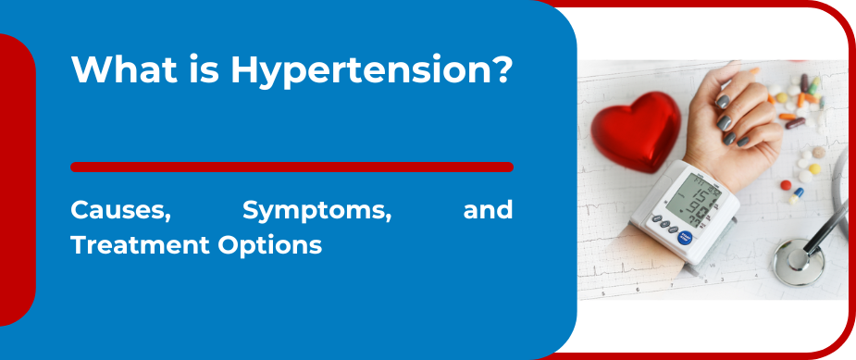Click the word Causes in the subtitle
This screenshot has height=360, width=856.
click(x=120, y=211)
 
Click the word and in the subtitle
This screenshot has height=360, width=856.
click(x=487, y=211)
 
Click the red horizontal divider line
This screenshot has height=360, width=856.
click(x=292, y=168)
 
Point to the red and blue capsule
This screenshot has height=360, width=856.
click(x=798, y=193)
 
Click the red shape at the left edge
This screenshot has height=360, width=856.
click(x=17, y=180)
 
